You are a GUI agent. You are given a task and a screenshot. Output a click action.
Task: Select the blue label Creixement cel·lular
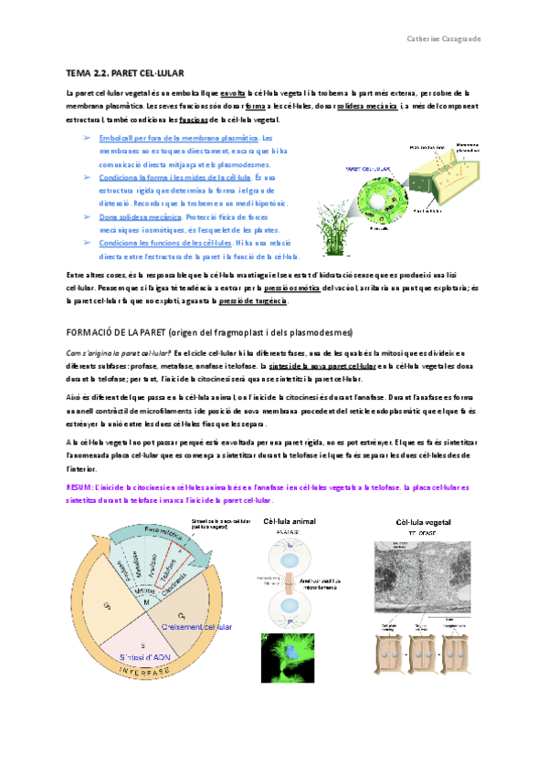click(196, 627)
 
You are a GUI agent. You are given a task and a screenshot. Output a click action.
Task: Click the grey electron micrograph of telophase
click(426, 574)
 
